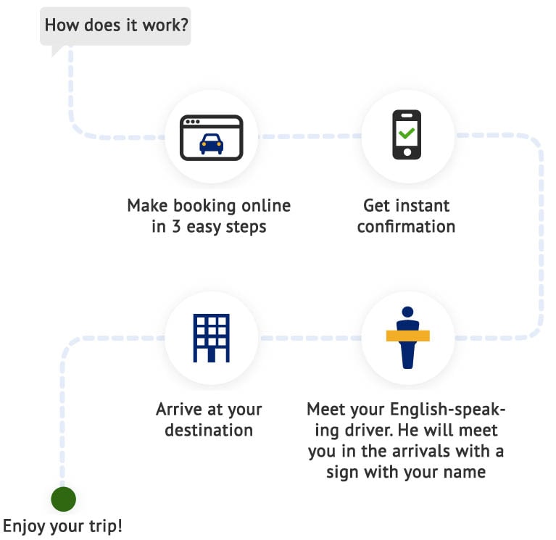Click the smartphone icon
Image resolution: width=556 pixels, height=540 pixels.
(407, 134)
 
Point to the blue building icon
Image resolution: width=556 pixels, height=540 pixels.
(211, 337)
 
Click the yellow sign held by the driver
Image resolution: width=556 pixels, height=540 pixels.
(407, 336)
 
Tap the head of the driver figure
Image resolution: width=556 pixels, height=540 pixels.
(407, 312)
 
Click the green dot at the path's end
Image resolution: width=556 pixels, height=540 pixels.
(63, 499)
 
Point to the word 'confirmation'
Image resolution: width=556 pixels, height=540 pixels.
(406, 227)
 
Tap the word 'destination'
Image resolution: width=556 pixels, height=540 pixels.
(209, 430)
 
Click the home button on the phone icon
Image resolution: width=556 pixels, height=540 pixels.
(407, 152)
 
